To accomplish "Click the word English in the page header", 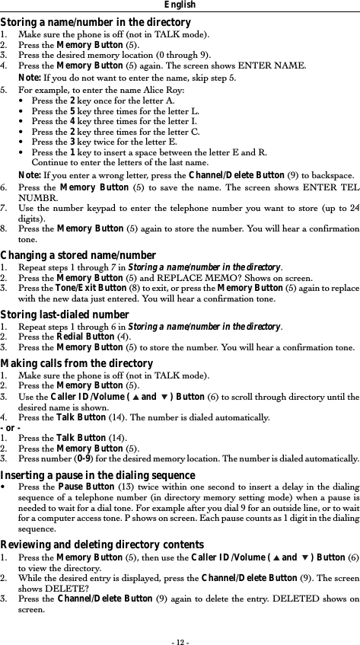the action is coord(180,5).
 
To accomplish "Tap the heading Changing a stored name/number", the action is coord(78,256).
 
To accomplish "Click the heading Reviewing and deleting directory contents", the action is coord(102,544).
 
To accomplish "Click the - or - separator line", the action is coord(12,428).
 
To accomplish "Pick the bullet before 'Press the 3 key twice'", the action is coord(25,141).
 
